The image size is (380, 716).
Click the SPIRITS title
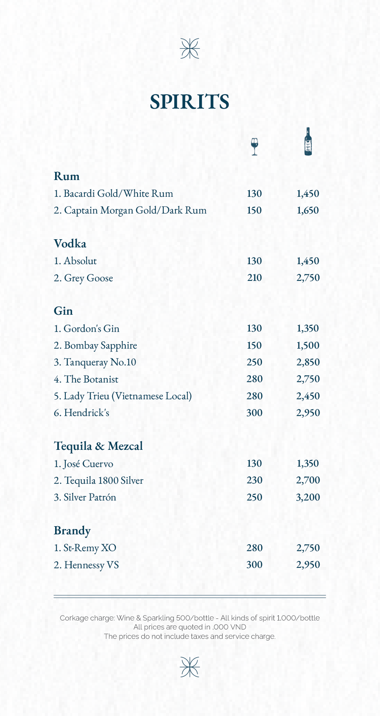tap(189, 102)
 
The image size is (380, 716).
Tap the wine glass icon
tap(255, 147)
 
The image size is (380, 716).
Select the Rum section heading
tap(67, 176)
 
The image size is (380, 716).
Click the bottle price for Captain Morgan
tap(308, 211)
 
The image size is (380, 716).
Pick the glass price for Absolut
tap(254, 261)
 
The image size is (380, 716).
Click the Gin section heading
tap(63, 311)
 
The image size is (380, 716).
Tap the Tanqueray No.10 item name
tap(95, 362)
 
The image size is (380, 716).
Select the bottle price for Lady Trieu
tap(308, 396)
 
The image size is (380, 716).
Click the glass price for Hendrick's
tap(254, 413)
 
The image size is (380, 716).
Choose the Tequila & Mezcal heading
tap(98, 446)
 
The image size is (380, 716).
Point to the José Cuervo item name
tap(83, 464)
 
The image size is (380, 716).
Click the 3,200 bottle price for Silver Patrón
tap(308, 497)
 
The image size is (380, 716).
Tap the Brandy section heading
tap(72, 531)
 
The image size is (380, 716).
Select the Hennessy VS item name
tap(86, 565)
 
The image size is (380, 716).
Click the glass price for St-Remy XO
tap(254, 548)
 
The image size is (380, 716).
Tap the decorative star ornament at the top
tap(190, 48)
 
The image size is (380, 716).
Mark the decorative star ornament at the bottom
tap(190, 667)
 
